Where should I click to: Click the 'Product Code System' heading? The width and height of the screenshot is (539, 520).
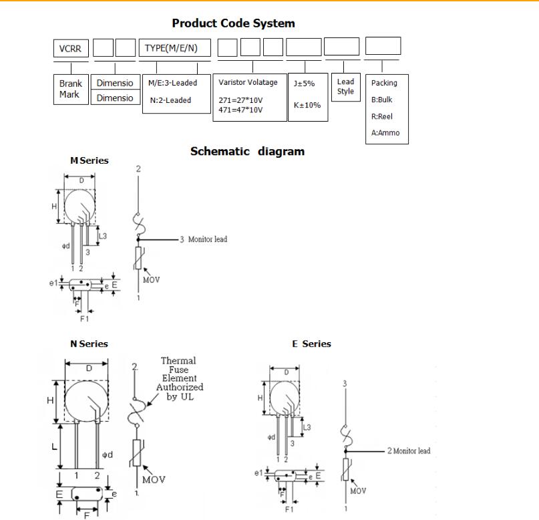point(233,23)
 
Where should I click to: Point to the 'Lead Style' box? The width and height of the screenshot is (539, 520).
point(345,86)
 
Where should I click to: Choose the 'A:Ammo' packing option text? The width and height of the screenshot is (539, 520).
point(385,132)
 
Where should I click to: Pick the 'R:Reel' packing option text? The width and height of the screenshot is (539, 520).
point(382,116)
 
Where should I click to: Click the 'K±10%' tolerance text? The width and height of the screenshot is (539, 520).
point(307,105)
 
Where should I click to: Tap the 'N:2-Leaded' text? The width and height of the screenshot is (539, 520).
point(171,100)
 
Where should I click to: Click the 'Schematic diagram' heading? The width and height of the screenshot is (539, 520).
point(247,151)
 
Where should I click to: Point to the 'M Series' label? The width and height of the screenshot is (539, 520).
point(89,160)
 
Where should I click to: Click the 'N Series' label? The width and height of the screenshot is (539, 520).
point(89,344)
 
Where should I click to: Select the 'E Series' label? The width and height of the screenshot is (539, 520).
point(311,344)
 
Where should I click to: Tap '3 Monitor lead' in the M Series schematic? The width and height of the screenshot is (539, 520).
point(203,239)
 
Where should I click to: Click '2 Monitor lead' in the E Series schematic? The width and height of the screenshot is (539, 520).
point(409,450)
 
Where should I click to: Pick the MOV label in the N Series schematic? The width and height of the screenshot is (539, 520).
point(153,479)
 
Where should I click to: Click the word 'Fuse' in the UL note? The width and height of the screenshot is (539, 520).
point(179,370)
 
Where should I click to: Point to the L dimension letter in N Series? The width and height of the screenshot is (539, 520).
point(54,446)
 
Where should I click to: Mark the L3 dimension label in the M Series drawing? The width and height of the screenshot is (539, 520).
point(102,235)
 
